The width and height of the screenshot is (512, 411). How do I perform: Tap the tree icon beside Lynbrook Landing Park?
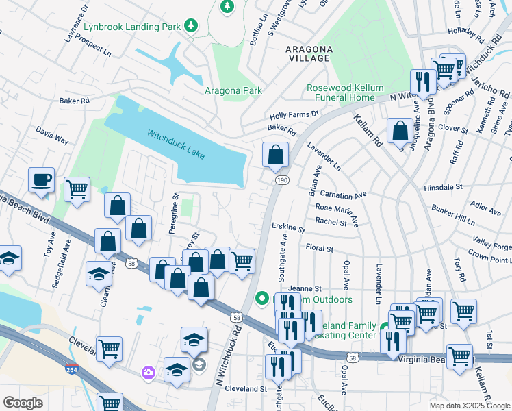192,27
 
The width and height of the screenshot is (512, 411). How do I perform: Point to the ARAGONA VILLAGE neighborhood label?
310,55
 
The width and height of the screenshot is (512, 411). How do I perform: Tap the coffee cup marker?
41,181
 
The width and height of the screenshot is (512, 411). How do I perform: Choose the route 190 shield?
281,179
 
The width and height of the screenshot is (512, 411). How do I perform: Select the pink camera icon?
148,373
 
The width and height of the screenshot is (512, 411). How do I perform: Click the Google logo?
23,402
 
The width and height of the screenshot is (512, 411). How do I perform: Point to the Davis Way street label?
52,134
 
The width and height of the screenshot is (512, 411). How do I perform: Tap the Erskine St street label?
288,228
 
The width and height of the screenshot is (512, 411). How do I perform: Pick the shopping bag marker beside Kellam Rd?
400,132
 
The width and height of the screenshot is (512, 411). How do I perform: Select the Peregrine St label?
175,214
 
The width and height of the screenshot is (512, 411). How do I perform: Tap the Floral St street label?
319,247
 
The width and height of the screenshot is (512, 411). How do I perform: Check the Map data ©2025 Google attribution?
469,406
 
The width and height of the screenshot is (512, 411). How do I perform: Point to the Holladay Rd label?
465,32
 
